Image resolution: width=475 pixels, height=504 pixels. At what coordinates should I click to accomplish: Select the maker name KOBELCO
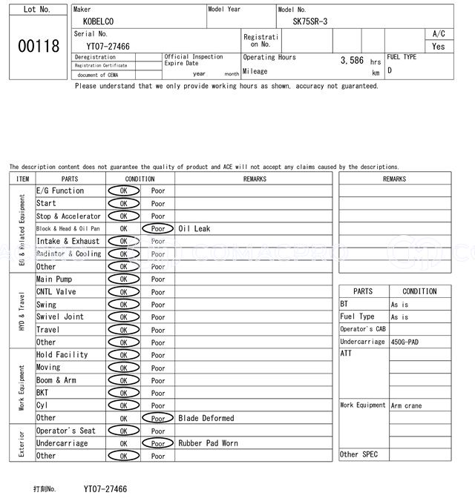[99, 21]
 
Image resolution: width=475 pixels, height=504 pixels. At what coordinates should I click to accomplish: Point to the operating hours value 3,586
[352, 60]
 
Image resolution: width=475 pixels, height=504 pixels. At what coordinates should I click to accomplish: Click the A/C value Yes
[439, 46]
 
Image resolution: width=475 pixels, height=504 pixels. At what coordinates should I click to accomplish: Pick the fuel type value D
[390, 70]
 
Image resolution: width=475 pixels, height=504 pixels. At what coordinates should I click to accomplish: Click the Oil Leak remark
[194, 229]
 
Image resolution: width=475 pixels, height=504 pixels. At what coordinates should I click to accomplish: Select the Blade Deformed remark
[206, 418]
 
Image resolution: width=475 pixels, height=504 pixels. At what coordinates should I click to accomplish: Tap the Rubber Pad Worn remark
[208, 443]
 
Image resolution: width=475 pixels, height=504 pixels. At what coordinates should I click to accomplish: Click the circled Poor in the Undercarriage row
[158, 443]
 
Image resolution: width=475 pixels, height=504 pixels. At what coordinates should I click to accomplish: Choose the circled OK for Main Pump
[123, 279]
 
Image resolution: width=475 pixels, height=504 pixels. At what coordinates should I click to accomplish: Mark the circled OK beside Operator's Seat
[123, 431]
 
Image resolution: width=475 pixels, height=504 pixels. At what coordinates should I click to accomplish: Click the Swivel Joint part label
[60, 316]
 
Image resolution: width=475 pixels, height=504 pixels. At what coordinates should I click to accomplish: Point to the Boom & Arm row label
[56, 380]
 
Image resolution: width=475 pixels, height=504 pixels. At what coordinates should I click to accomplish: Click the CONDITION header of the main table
[140, 179]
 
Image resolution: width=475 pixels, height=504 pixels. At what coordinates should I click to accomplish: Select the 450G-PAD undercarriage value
[406, 342]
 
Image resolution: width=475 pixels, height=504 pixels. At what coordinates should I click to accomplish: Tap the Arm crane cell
[406, 405]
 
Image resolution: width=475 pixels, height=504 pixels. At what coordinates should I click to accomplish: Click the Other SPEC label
[359, 454]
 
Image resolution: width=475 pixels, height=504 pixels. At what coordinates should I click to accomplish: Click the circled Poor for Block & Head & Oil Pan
[158, 229]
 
